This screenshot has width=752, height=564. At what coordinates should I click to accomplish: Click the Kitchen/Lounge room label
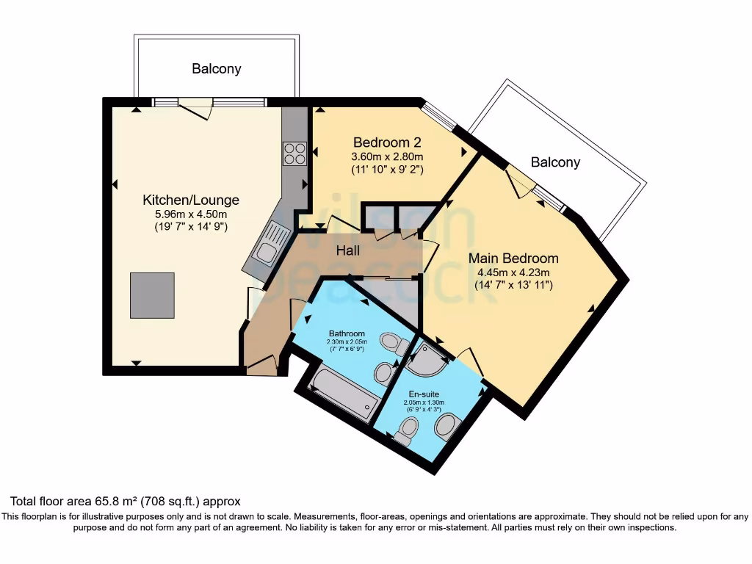point(191,200)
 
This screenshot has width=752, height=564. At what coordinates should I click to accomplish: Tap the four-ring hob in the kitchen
point(294,153)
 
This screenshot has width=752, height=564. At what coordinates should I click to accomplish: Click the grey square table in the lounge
point(152,295)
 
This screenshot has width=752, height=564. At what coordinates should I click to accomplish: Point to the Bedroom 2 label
point(387,142)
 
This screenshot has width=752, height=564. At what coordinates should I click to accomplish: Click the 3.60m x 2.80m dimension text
point(388,156)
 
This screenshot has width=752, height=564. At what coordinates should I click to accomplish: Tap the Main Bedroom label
point(513,258)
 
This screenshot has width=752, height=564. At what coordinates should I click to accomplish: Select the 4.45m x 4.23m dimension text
point(513,272)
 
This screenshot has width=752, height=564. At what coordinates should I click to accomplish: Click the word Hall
point(348,250)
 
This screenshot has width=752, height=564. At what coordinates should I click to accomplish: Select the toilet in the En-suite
point(407,430)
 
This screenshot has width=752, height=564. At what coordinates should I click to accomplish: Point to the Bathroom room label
point(347,333)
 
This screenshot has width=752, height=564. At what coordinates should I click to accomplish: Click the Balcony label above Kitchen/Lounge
point(217,69)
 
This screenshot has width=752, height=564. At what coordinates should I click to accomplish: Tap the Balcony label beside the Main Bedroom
point(555,162)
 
